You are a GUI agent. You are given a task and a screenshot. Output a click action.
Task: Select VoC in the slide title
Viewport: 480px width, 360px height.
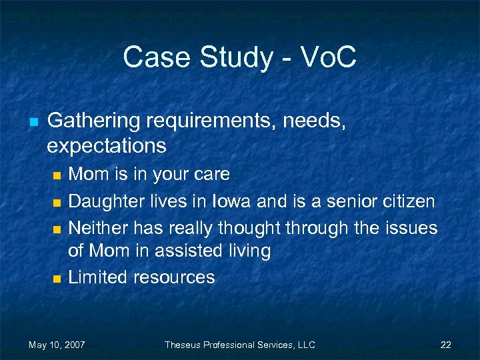pos(329,57)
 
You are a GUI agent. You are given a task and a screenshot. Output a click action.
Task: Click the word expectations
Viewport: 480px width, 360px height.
pos(107,145)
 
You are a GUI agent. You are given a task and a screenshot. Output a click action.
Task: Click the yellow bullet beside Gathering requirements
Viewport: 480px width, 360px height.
pos(33,122)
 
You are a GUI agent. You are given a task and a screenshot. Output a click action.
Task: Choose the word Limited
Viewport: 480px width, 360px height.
pos(98,277)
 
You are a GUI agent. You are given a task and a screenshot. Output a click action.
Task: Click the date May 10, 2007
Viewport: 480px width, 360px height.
pos(57,345)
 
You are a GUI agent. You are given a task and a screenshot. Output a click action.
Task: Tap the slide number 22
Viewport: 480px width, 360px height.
pos(446,345)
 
